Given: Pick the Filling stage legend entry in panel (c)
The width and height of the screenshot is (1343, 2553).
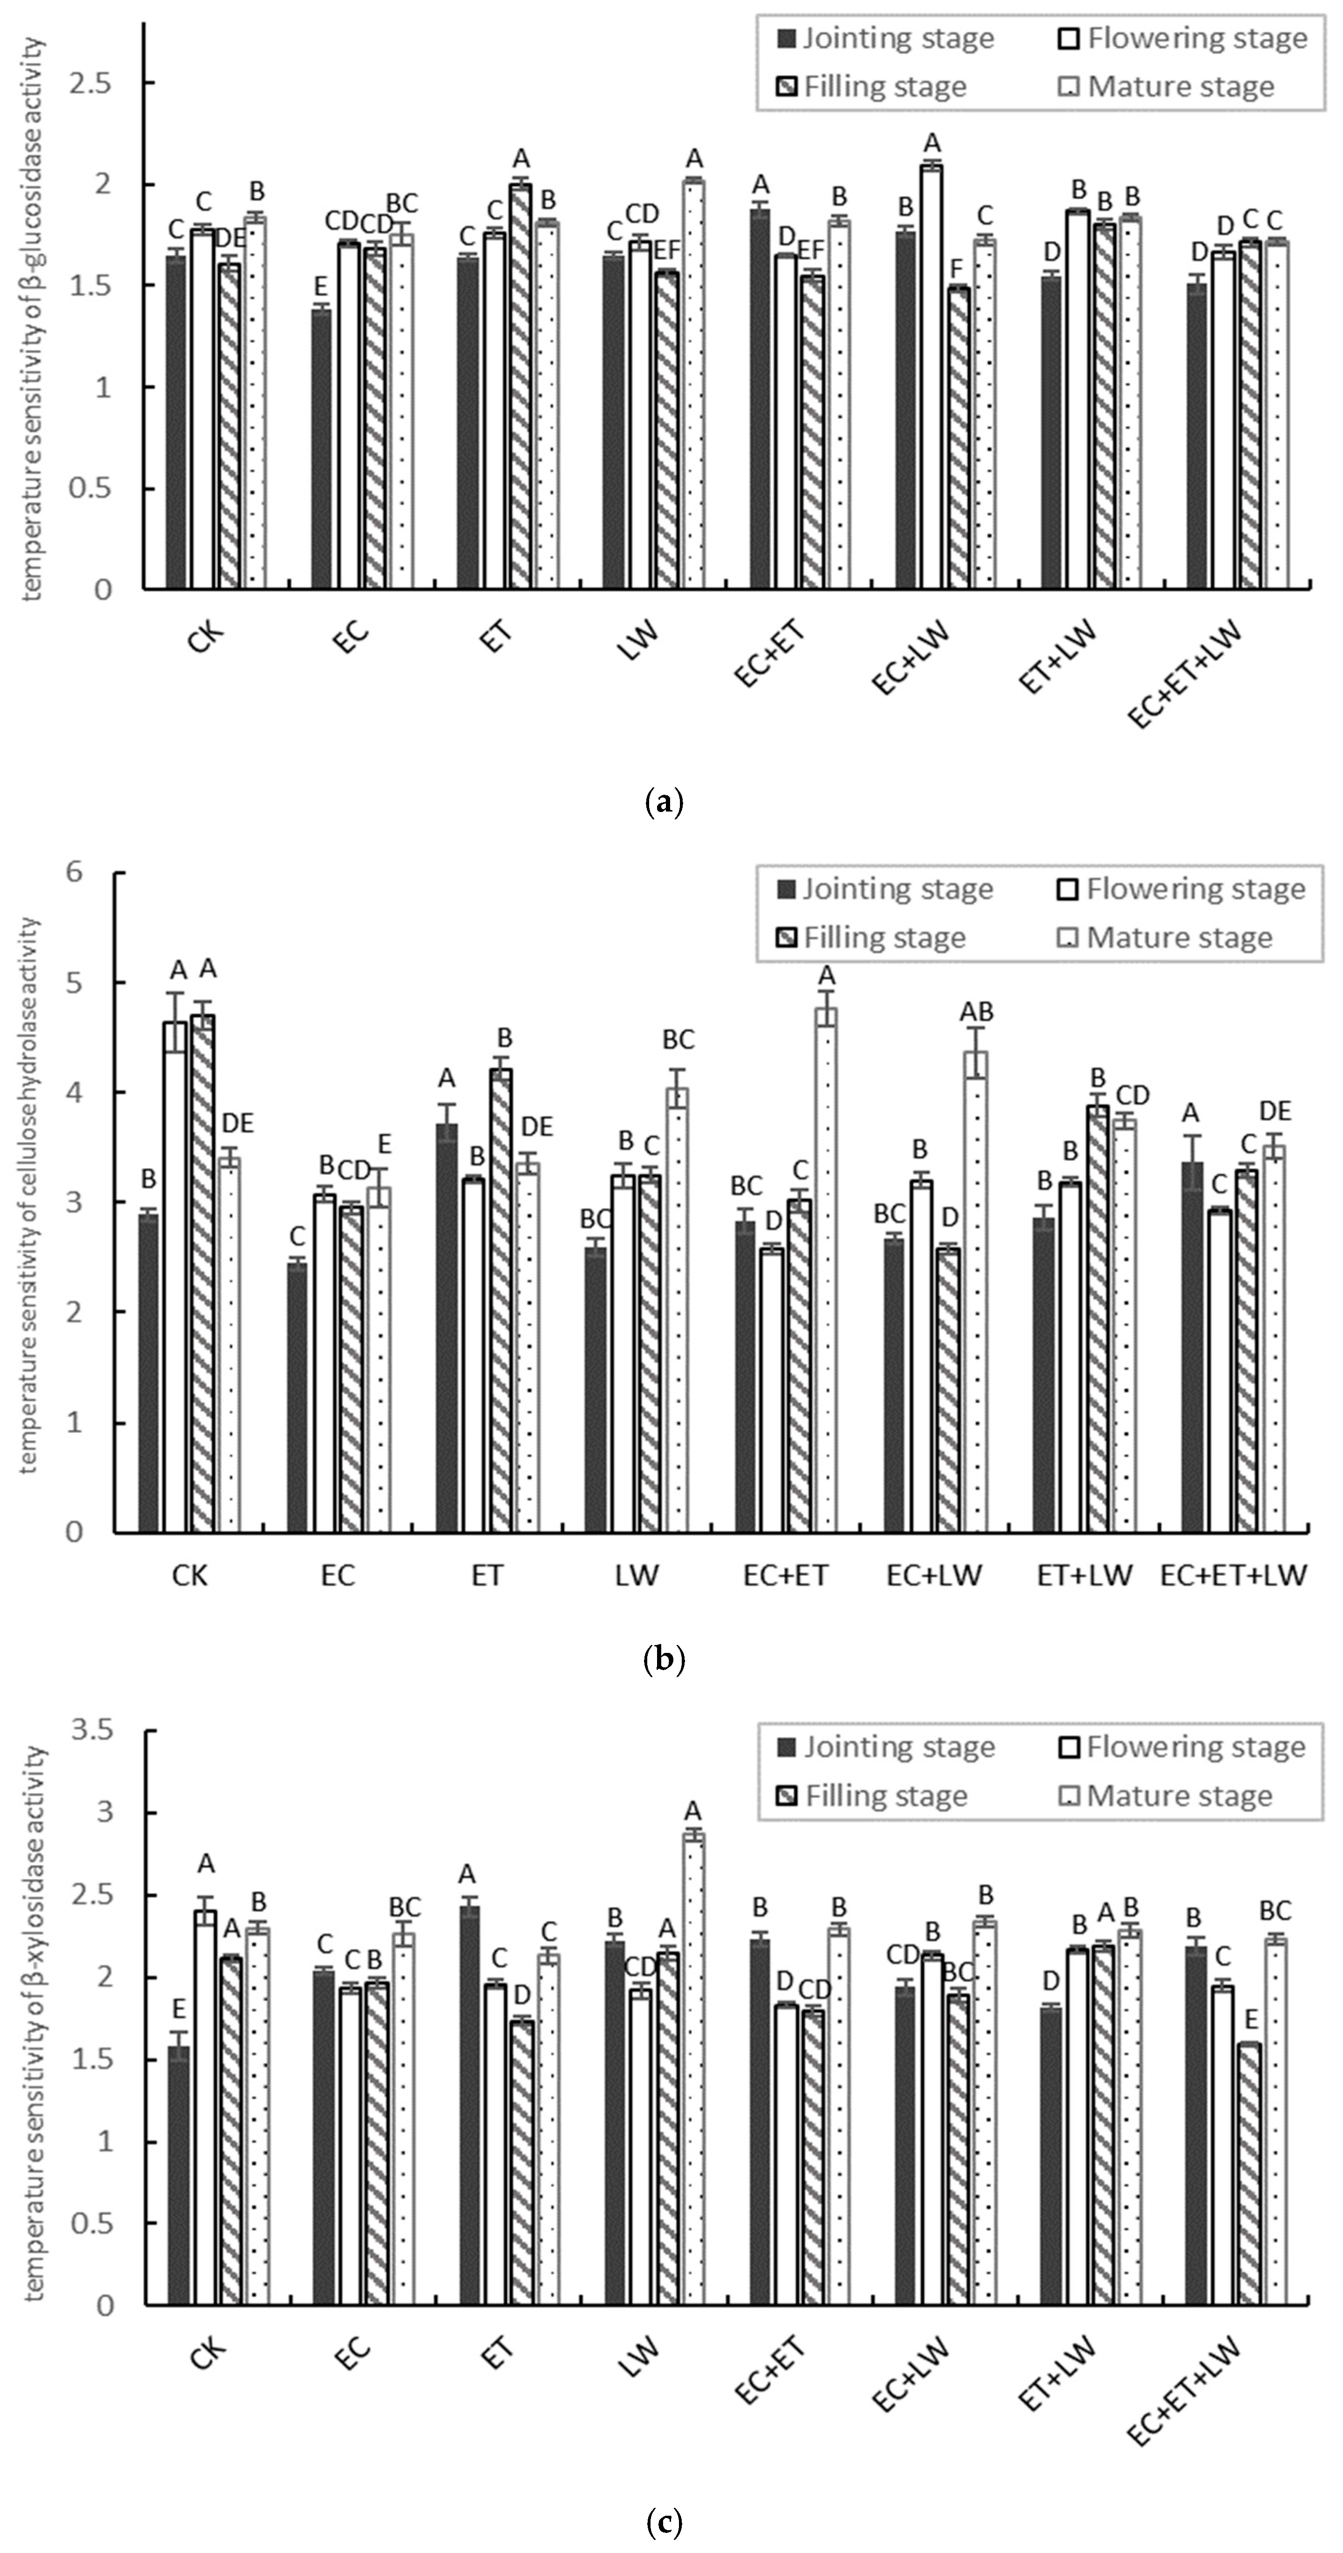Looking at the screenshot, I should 872,1796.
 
